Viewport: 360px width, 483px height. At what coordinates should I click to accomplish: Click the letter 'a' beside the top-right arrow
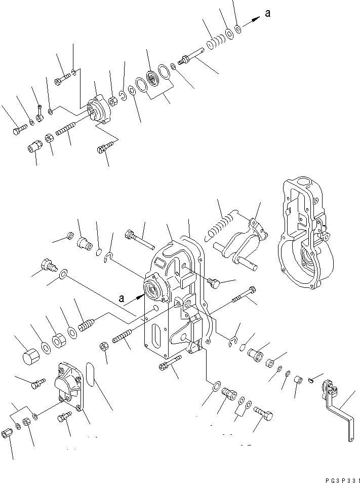268,14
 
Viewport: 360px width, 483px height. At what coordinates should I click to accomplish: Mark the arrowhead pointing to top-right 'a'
256,19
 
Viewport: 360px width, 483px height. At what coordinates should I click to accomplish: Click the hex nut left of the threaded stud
103,346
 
